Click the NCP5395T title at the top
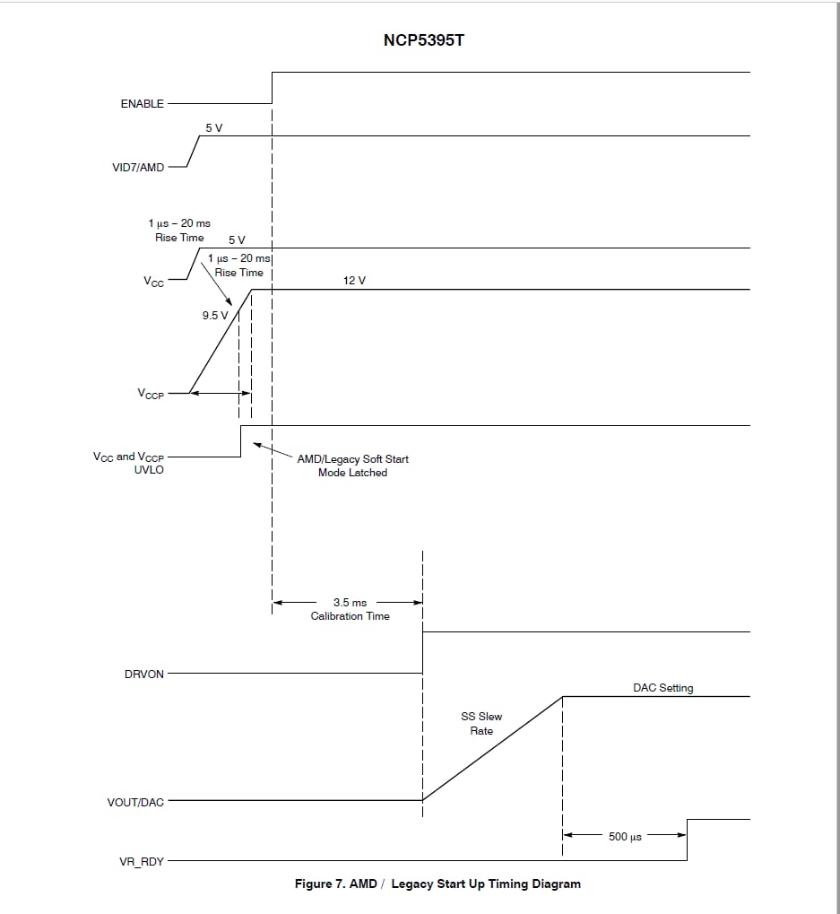point(423,40)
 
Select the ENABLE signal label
point(143,104)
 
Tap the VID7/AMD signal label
point(138,168)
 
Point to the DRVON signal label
point(143,674)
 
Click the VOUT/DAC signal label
point(135,802)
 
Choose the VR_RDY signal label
point(142,862)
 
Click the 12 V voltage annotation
point(354,281)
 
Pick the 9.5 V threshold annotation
point(215,316)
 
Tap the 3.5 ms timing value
point(351,602)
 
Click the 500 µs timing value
point(625,837)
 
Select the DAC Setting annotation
point(662,688)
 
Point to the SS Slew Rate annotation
point(481,723)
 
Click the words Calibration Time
point(351,616)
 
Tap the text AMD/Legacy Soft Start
point(352,458)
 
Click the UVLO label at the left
point(149,470)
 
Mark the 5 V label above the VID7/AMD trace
point(213,127)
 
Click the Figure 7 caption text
point(437,884)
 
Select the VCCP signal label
point(151,394)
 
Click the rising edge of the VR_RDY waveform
point(688,840)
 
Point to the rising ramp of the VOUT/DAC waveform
point(493,748)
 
